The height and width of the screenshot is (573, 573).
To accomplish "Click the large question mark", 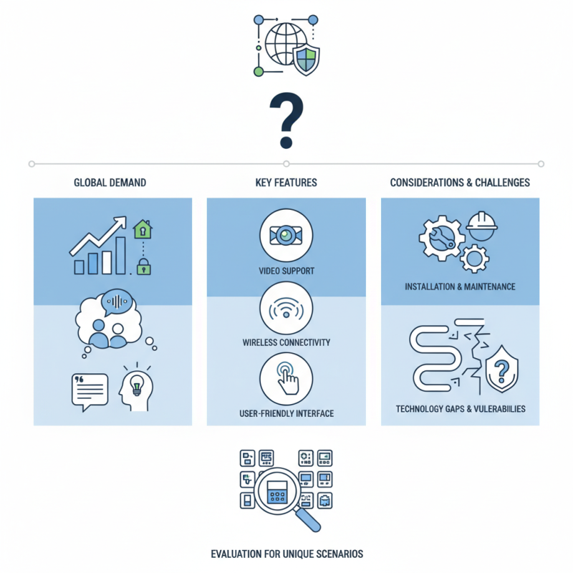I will (x=286, y=120).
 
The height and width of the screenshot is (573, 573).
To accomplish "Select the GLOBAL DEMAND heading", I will (x=110, y=183).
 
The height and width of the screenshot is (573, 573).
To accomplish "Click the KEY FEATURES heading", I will (x=286, y=183).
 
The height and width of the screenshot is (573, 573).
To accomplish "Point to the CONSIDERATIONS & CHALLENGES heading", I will (x=460, y=183).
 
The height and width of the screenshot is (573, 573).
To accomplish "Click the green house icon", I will (x=144, y=229).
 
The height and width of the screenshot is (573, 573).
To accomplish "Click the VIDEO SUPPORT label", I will (x=286, y=271).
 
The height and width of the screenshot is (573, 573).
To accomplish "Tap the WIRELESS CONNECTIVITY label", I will (x=286, y=342).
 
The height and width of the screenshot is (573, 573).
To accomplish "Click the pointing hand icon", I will (x=287, y=380).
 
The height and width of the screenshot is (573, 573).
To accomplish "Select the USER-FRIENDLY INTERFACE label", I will (x=286, y=414).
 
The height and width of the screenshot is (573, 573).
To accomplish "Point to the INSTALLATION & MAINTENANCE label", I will (x=460, y=286).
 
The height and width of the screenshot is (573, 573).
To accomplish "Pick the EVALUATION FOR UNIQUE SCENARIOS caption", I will (x=286, y=554).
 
